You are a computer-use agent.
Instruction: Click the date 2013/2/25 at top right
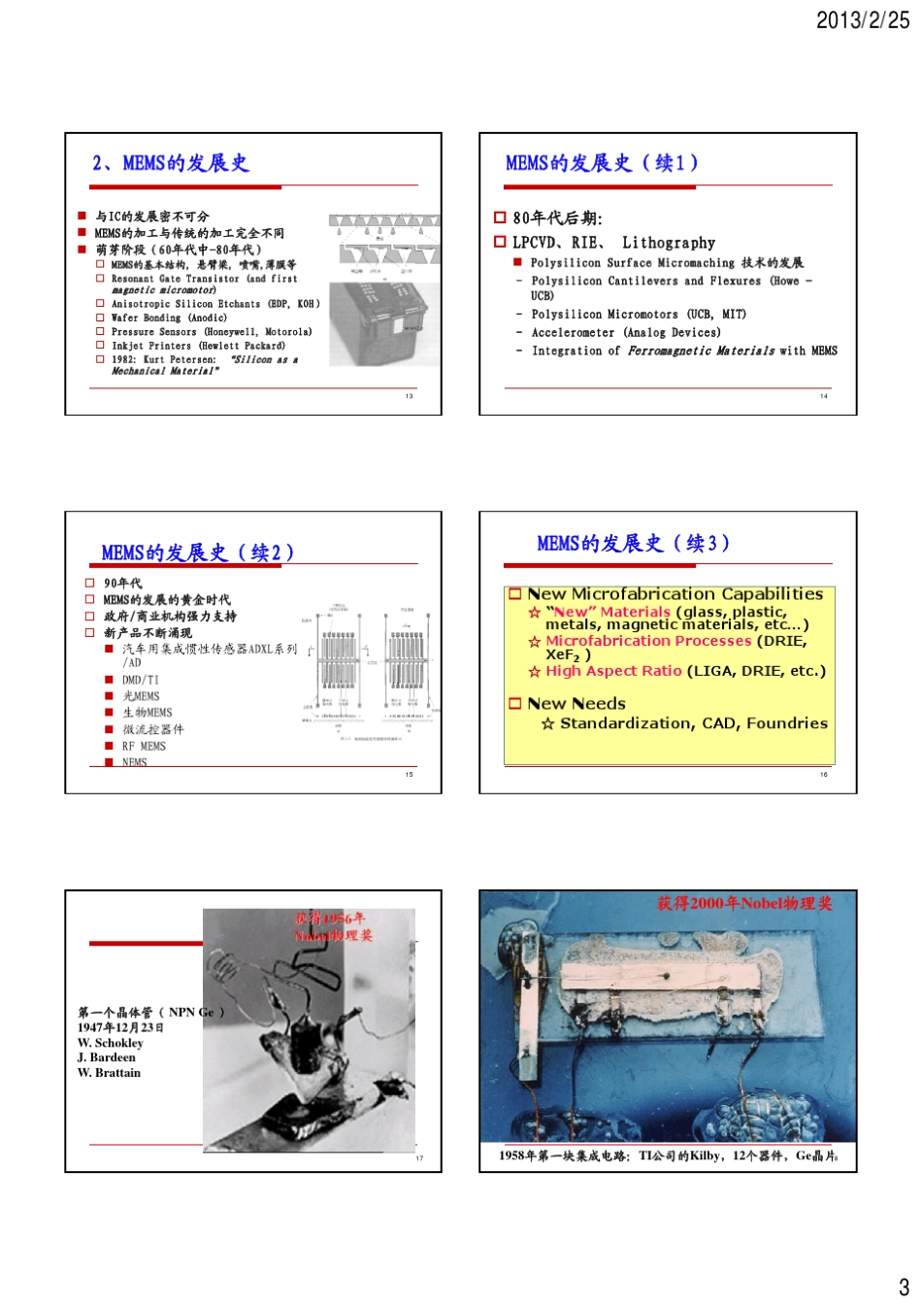point(862,19)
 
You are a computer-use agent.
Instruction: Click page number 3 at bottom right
point(903,1288)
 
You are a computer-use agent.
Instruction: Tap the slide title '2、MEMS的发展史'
point(171,163)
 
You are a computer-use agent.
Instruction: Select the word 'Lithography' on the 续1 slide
point(669,243)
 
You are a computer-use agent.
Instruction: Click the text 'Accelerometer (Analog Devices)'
point(625,332)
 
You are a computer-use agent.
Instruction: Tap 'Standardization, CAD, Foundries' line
point(693,723)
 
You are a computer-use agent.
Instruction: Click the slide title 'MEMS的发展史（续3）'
point(633,544)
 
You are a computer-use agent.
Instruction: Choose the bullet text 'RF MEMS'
point(144,747)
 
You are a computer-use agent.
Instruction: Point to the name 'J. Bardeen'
point(107,1057)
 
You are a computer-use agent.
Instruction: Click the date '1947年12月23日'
point(120,1027)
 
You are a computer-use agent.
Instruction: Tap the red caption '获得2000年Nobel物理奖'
point(744,904)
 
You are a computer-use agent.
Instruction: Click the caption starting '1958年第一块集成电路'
point(668,1155)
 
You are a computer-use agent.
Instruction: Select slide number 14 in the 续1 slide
point(823,396)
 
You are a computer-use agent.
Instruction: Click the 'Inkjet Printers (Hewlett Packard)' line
point(198,346)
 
